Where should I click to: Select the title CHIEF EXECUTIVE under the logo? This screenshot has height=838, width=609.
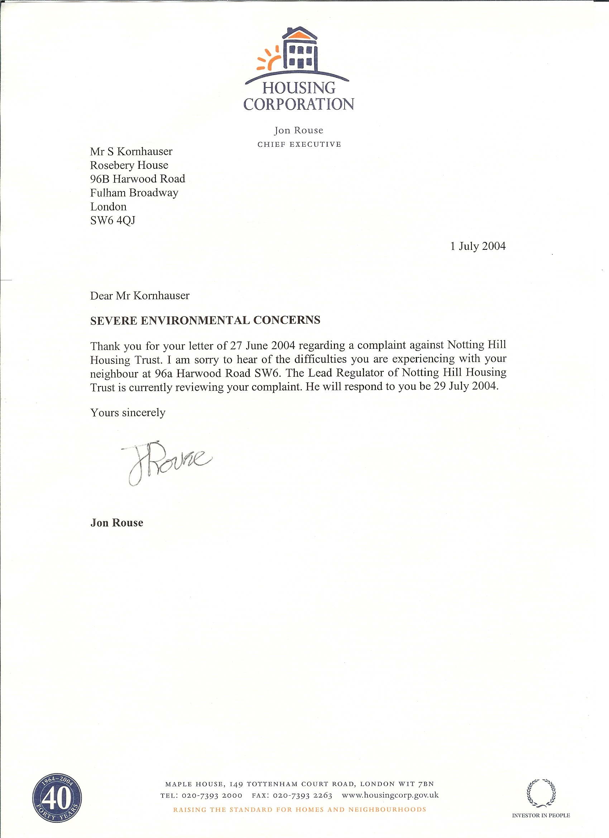299,144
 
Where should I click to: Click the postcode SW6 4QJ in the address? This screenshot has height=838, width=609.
112,220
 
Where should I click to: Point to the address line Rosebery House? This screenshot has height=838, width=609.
129,165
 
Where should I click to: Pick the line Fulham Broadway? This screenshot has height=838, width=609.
134,193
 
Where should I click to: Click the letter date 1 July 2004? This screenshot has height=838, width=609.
478,246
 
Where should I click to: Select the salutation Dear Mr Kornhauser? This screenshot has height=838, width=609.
140,296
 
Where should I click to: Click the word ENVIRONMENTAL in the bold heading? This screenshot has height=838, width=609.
195,320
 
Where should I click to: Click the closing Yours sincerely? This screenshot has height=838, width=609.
128,413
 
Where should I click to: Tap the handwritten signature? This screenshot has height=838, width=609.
166,462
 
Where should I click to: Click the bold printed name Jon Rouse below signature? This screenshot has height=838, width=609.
117,523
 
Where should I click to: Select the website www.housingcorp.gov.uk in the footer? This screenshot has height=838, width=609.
390,795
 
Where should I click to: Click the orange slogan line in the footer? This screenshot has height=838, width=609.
299,810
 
